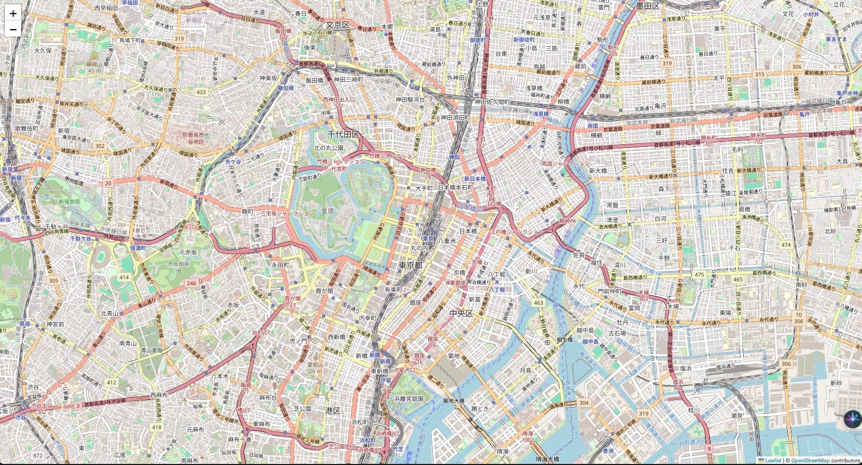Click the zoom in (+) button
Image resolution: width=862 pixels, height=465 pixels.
13,13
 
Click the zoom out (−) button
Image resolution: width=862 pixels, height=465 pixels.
13,29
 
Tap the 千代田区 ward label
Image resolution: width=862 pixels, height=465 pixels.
343,134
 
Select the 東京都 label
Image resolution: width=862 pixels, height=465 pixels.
410,265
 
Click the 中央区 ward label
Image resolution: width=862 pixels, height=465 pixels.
460,313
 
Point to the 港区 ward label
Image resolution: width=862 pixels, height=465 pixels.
333,411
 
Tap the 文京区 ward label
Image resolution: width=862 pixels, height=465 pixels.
338,25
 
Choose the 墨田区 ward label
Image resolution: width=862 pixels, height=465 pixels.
648,6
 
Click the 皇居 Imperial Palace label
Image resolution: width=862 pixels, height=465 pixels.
327,211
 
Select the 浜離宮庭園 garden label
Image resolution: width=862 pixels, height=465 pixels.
409,399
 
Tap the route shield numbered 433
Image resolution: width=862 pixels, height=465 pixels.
201,92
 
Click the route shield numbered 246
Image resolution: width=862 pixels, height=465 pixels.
191,283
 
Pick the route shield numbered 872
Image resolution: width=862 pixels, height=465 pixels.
37,455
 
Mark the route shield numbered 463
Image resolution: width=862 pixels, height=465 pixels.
538,303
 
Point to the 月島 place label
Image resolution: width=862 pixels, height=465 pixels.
525,370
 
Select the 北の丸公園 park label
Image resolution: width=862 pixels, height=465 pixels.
328,147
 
